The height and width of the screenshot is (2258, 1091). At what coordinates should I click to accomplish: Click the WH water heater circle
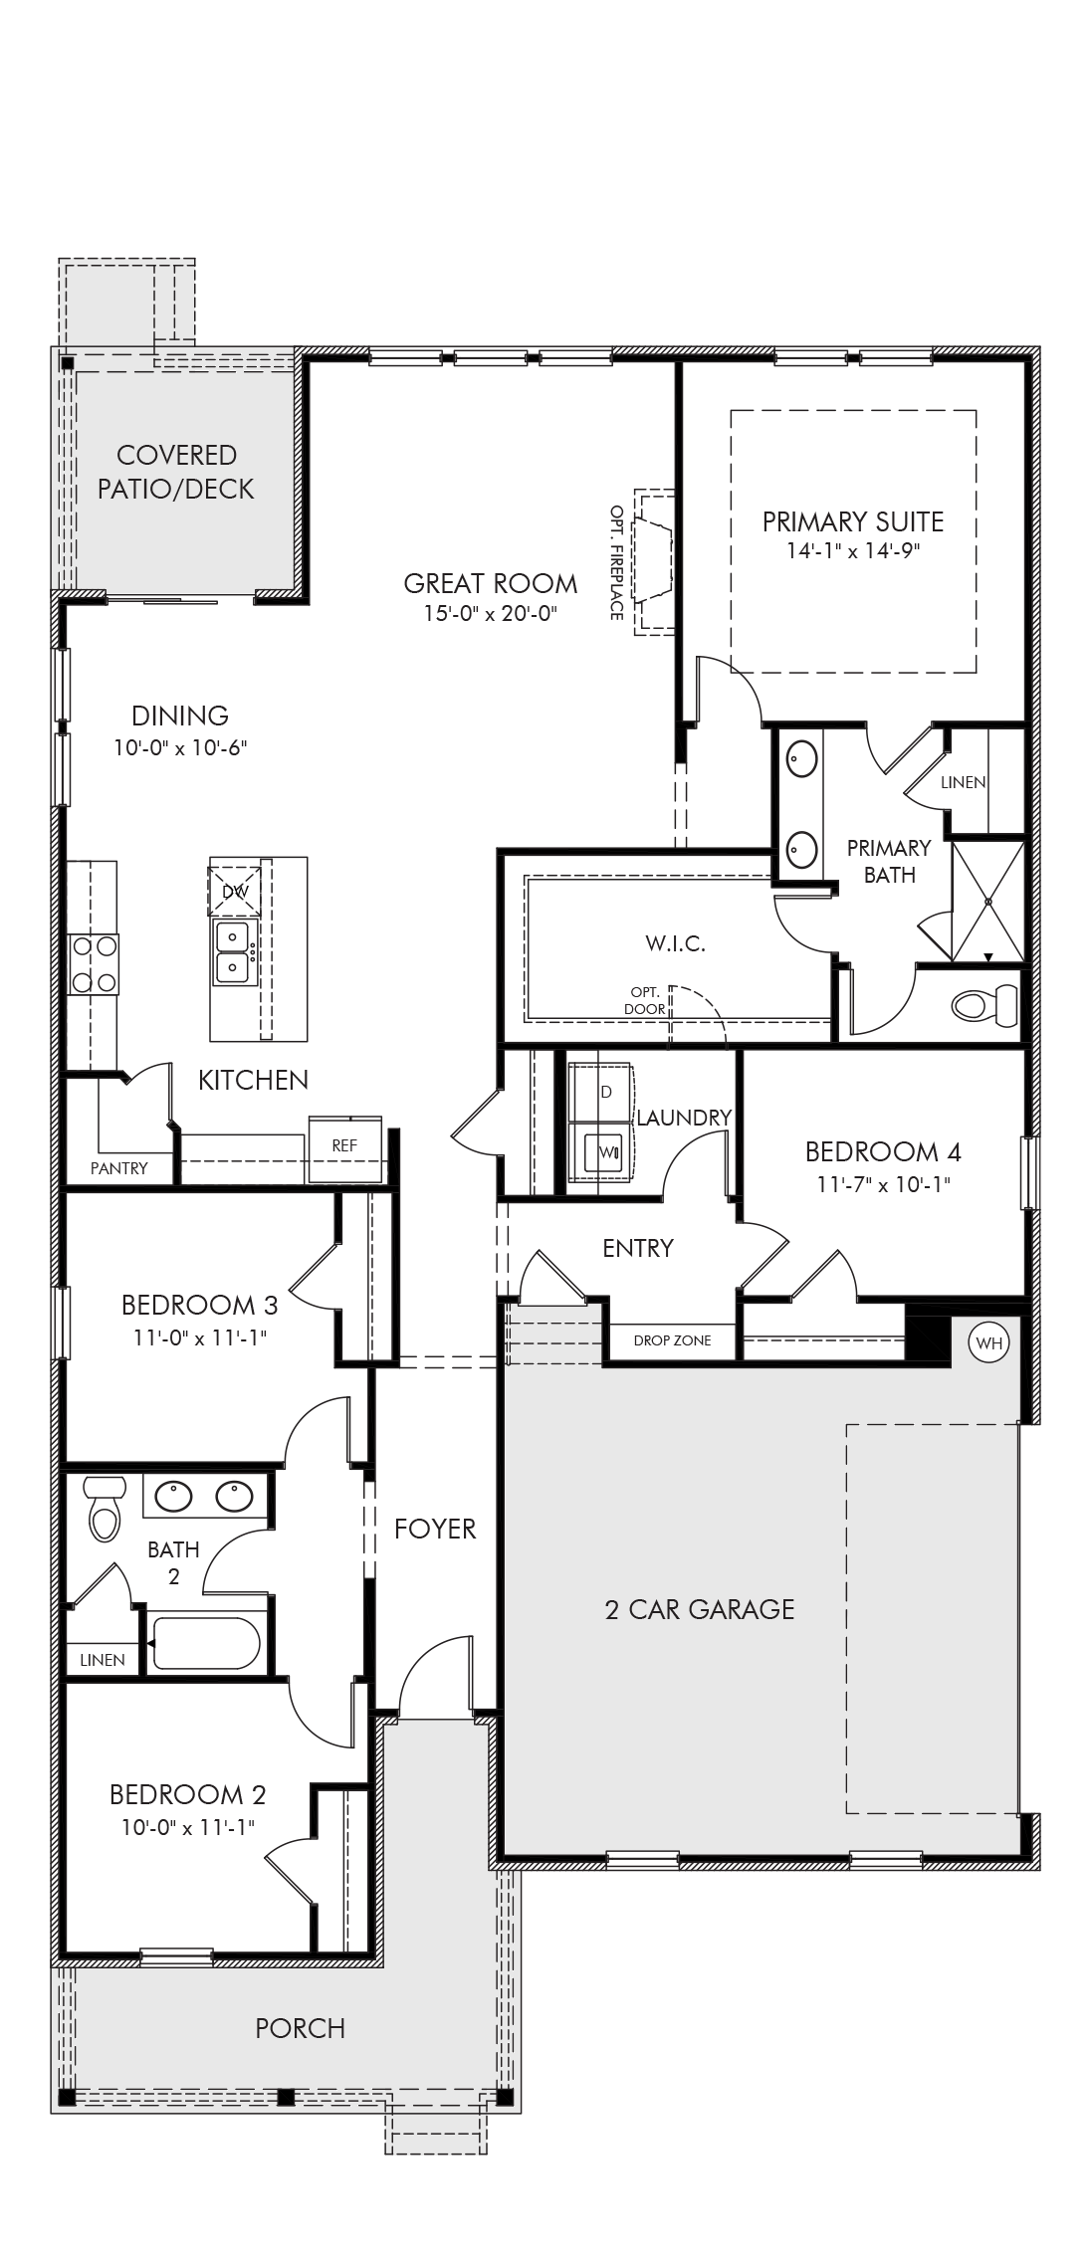coord(988,1342)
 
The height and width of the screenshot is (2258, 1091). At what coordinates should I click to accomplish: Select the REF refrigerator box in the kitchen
coord(344,1146)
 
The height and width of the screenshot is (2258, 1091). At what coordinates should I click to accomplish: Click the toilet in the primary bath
coord(985,1005)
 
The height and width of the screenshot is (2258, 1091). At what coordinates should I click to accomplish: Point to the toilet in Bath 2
coord(104,1508)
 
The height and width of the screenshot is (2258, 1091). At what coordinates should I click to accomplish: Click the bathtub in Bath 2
coord(206,1643)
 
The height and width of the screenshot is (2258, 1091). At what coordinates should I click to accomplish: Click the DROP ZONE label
coord(672,1340)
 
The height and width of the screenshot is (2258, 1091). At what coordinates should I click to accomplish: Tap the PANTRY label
coord(119,1168)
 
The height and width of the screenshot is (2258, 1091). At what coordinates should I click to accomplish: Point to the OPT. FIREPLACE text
coord(617,562)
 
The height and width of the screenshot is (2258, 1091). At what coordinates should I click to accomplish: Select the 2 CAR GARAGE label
coord(700,1609)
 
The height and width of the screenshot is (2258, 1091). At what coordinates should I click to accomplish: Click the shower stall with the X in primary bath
coord(988,901)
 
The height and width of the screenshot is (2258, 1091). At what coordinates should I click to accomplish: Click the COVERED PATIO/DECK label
coord(177,472)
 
